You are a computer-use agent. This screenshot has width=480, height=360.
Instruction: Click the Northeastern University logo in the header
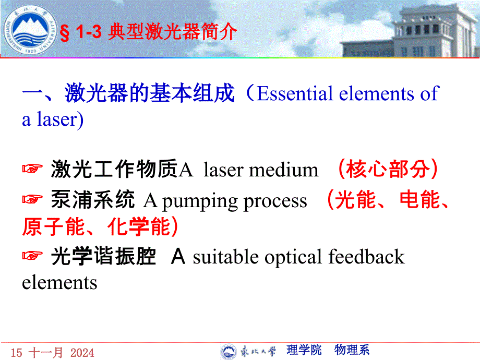[x=30, y=31]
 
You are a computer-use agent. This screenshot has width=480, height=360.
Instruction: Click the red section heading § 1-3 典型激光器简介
[x=148, y=31]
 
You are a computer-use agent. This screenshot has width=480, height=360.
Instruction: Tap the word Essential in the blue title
[x=294, y=93]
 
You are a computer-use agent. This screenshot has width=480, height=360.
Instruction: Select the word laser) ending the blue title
[x=60, y=119]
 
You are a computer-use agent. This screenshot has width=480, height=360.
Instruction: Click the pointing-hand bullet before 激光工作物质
[x=32, y=169]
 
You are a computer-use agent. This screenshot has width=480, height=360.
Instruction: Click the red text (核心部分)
[x=388, y=169]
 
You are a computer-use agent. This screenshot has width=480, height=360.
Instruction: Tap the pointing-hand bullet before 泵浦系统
[x=32, y=199]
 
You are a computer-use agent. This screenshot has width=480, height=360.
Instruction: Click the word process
[x=275, y=202]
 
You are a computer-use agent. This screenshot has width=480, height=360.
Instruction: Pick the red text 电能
[x=419, y=199]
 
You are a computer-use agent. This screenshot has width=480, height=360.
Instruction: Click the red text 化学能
[x=138, y=226]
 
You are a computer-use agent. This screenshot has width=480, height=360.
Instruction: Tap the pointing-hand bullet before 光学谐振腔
[x=32, y=255]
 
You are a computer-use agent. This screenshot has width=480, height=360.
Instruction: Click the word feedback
[x=366, y=256]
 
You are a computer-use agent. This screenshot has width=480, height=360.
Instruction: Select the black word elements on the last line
[x=59, y=282]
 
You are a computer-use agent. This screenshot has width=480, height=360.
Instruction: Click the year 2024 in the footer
[x=82, y=353]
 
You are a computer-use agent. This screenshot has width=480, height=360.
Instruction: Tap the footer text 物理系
[x=352, y=350]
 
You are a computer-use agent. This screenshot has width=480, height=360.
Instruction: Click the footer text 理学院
[x=304, y=350]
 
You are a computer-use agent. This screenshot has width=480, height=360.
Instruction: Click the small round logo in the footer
[x=229, y=352]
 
